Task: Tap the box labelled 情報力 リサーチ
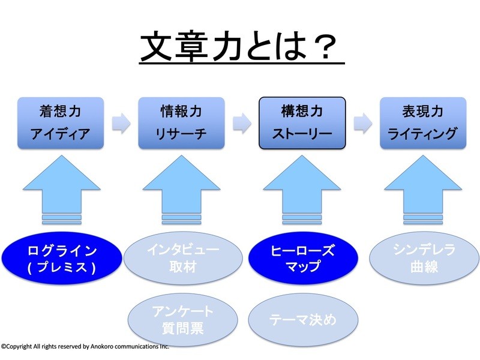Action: click(x=182, y=123)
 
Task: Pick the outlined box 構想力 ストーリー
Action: click(x=302, y=123)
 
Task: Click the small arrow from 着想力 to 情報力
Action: click(x=121, y=122)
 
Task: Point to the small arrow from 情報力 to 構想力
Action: click(x=242, y=122)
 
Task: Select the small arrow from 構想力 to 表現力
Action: click(x=363, y=122)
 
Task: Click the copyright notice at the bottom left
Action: click(x=85, y=346)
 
